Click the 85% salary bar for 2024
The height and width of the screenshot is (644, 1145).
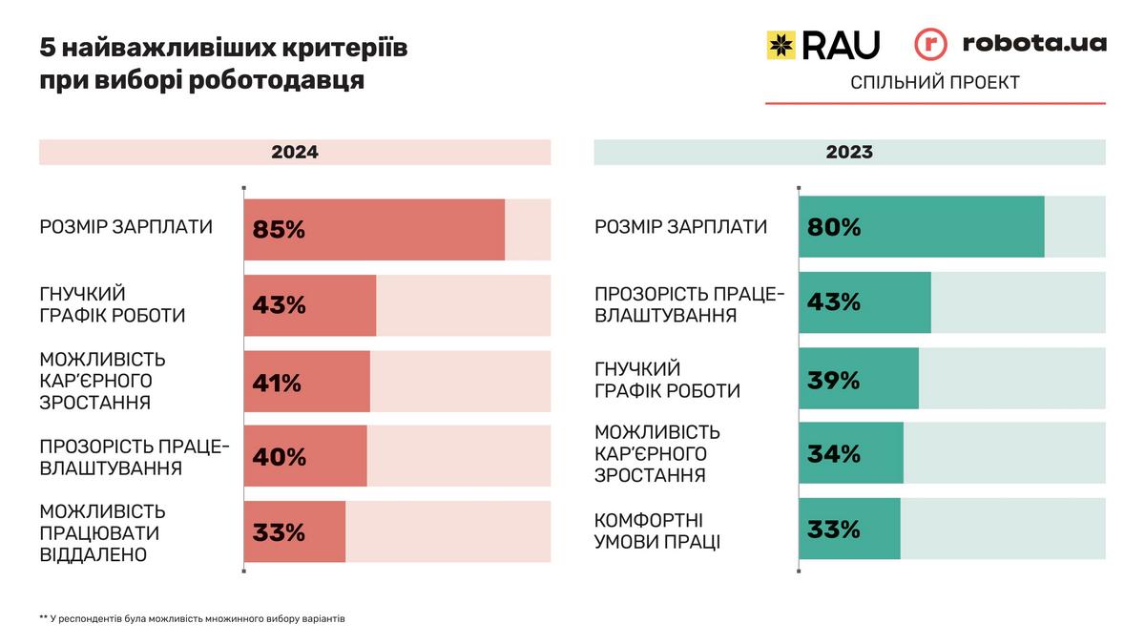point(374,229)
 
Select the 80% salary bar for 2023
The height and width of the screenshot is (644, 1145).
point(922,227)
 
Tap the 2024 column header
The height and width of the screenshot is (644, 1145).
point(295,153)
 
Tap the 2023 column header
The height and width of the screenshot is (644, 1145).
point(849,153)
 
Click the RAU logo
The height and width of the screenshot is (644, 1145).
point(823,45)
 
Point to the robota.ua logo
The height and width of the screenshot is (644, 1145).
point(1011,44)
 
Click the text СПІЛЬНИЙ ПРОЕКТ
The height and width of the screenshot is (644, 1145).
point(935,83)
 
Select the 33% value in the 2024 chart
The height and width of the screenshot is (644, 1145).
point(279,532)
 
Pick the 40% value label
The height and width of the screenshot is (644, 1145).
point(280,457)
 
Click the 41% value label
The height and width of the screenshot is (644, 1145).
point(277,383)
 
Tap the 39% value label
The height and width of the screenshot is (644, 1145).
point(834,380)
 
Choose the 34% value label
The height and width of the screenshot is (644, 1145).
point(834,454)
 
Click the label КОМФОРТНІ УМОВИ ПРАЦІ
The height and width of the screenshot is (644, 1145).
point(657,531)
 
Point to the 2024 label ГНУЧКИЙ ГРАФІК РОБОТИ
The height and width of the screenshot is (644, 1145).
point(113,304)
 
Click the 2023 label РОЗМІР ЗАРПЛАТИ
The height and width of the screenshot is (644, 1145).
point(680,227)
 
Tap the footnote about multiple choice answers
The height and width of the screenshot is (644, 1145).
point(192,618)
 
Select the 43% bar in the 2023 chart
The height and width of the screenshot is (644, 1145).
point(864,302)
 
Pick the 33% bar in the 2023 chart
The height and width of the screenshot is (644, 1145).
point(849,529)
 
